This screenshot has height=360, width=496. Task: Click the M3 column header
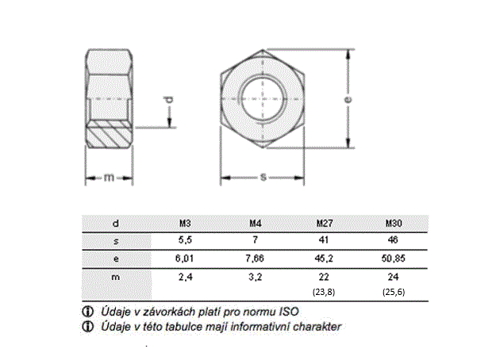coord(185,224)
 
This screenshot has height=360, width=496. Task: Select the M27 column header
coord(325,224)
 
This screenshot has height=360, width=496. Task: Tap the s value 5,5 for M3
coord(185,240)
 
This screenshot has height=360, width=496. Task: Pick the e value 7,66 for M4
coord(255,259)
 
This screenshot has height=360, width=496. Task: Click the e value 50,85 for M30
coord(393,259)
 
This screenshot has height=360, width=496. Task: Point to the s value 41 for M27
coord(324,240)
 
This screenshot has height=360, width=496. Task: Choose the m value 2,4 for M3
coord(186,277)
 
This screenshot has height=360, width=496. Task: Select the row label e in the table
coord(116,259)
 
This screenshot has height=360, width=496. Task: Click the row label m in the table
coord(116,278)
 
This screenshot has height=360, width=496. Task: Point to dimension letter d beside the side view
coord(170,100)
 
